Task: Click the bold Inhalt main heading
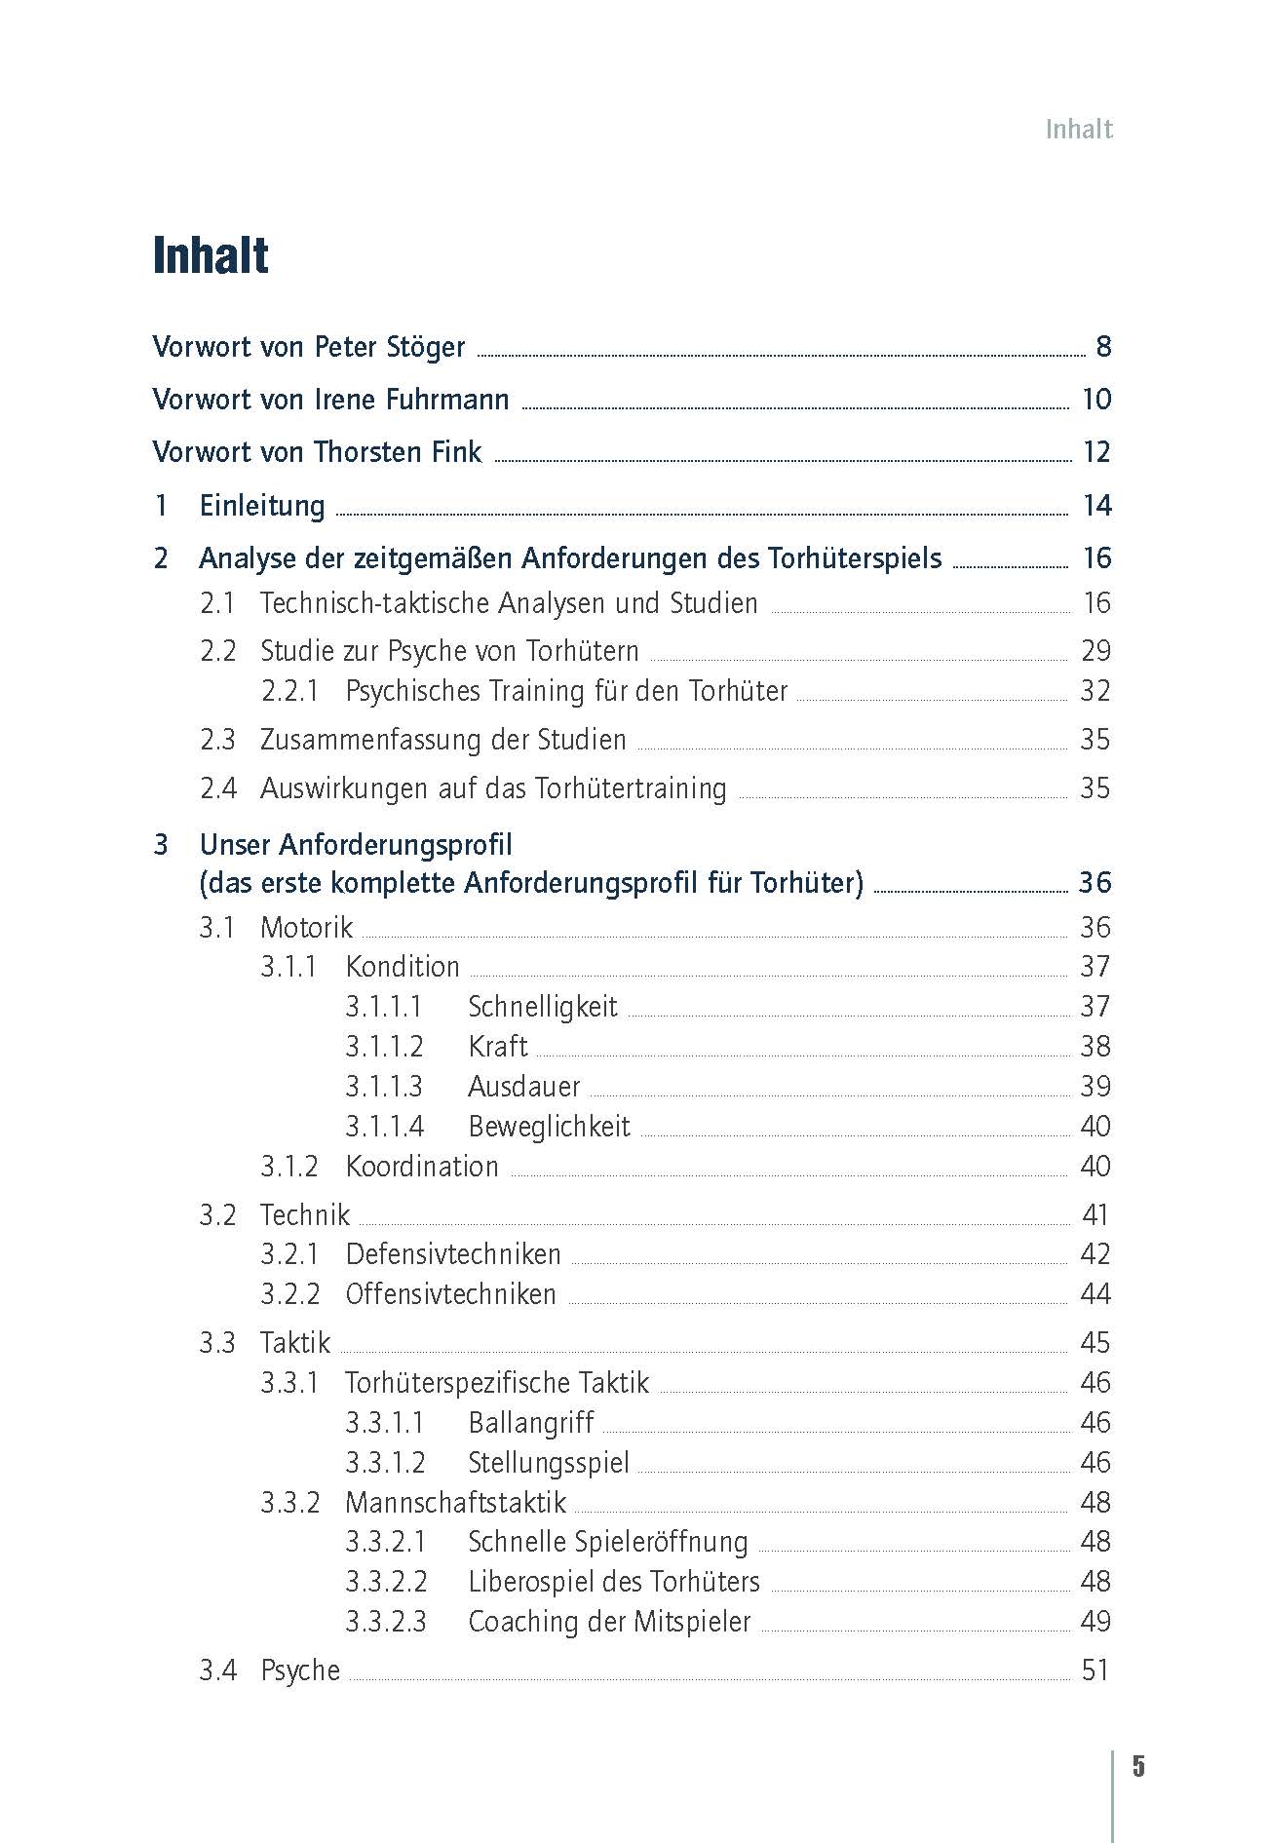(x=211, y=256)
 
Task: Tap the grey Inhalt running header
(x=1078, y=130)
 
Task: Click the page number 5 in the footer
(x=1138, y=1767)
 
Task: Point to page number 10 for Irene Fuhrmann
(x=1096, y=400)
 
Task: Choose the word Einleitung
(x=262, y=506)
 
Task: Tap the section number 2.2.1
(x=290, y=691)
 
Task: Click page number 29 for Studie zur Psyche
(x=1095, y=651)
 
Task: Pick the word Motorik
(x=306, y=928)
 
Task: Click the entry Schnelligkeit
(x=542, y=1007)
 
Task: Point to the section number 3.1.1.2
(x=384, y=1047)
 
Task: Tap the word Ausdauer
(x=523, y=1087)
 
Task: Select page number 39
(x=1095, y=1087)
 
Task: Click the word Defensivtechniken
(x=453, y=1254)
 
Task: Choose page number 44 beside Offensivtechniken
(x=1095, y=1294)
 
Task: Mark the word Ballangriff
(x=530, y=1423)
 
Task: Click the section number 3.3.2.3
(x=386, y=1622)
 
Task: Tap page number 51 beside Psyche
(x=1095, y=1670)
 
